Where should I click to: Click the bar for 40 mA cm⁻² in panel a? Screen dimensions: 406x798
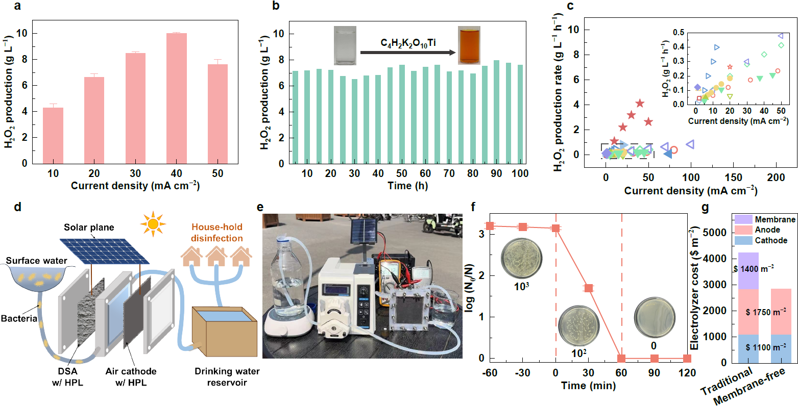click(x=177, y=98)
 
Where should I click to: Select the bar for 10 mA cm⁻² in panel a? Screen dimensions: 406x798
click(x=53, y=135)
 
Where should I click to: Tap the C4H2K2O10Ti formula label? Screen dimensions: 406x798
click(x=408, y=43)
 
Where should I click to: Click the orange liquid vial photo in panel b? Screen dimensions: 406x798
click(x=469, y=46)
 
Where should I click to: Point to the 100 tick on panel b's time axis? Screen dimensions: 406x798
click(x=520, y=173)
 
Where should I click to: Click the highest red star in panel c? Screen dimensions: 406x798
click(x=640, y=104)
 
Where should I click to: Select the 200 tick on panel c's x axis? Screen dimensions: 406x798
click(x=776, y=177)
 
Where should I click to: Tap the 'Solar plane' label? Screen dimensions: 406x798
click(x=89, y=227)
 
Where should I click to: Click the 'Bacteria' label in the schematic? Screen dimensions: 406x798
click(x=19, y=319)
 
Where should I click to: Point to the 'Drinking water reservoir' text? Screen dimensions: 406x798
click(x=227, y=376)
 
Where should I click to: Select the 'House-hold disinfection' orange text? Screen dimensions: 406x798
click(x=216, y=233)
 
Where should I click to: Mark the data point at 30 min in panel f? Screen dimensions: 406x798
click(x=588, y=288)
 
